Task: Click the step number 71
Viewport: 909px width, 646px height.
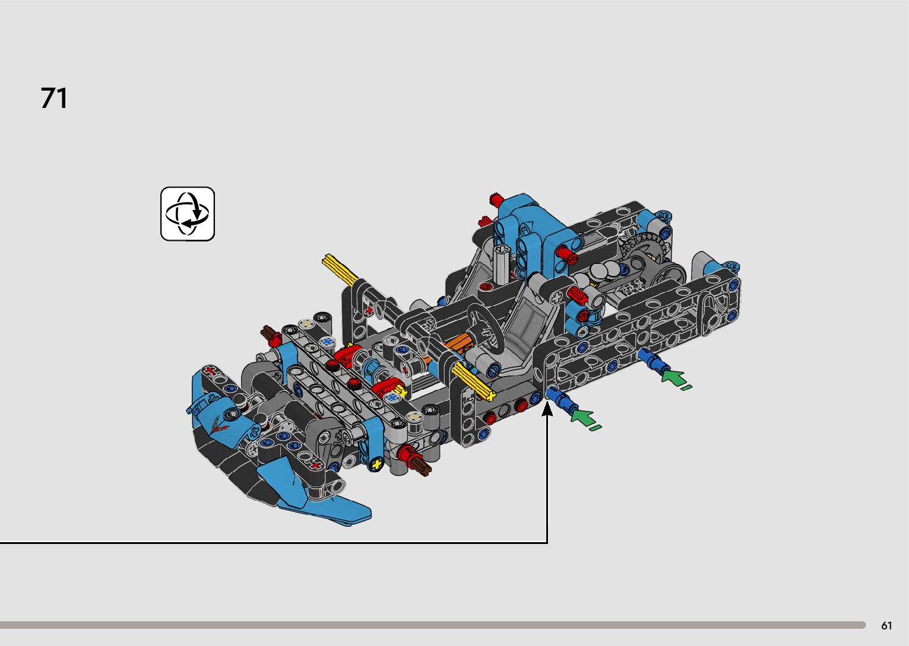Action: tap(54, 98)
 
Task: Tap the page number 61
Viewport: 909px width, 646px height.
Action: tap(886, 625)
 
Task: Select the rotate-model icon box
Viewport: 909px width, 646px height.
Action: tap(188, 214)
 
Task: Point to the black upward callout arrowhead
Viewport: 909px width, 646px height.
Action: tap(547, 409)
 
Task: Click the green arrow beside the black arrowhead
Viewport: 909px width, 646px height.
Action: tap(584, 418)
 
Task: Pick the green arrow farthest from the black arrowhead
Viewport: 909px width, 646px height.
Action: tap(675, 380)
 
